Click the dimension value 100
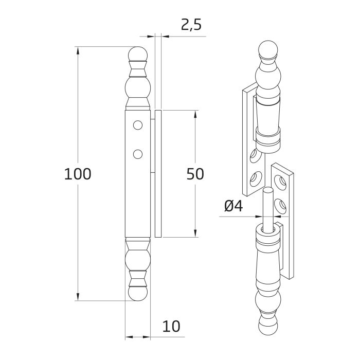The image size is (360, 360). [x=78, y=174]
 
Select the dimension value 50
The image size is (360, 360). [x=195, y=174]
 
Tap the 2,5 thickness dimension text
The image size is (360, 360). [x=191, y=25]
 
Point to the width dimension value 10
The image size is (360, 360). [x=172, y=326]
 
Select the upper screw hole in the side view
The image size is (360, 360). [x=137, y=124]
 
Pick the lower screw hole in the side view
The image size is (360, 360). [x=137, y=153]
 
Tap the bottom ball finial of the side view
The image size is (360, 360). [x=137, y=294]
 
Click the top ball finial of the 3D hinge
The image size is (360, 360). [x=269, y=50]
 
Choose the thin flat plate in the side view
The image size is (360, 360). [x=158, y=174]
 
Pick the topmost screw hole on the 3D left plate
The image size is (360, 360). [x=253, y=155]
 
